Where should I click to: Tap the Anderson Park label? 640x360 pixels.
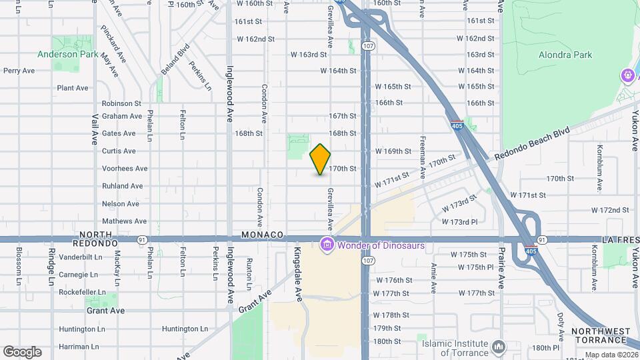[x=67, y=55]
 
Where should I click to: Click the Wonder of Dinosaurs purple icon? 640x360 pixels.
[x=327, y=245]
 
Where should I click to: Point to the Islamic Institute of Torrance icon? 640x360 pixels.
[x=499, y=347]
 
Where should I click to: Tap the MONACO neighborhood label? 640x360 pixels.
[x=263, y=235]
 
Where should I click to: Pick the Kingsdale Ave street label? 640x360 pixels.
[x=297, y=265]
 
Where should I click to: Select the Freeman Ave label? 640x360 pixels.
[x=423, y=155]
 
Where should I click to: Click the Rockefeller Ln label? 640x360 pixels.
[x=82, y=292]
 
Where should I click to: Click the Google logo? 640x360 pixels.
[x=22, y=351]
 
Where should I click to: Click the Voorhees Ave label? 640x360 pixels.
[x=125, y=169]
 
